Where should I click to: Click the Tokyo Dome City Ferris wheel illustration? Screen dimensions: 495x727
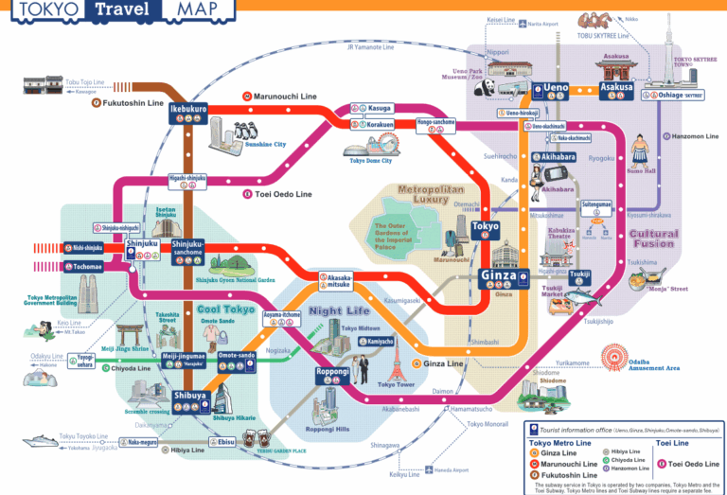[385, 143]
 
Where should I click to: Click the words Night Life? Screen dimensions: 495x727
[338, 310]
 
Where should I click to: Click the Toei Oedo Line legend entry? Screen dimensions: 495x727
[695, 464]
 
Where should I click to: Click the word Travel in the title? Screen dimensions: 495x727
[126, 10]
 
